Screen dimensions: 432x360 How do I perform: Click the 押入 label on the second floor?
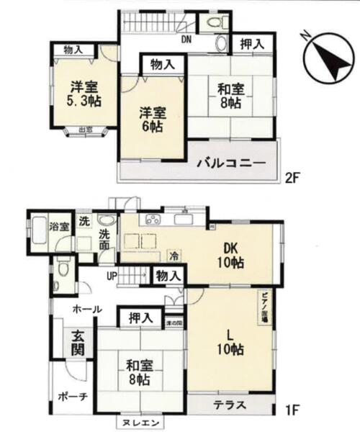pyautogui.click(x=250, y=45)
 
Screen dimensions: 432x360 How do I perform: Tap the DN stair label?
pyautogui.click(x=186, y=39)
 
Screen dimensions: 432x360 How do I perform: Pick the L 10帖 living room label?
pyautogui.click(x=230, y=343)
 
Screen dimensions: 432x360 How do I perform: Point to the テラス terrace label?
pyautogui.click(x=230, y=405)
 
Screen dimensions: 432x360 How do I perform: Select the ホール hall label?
pyautogui.click(x=86, y=310)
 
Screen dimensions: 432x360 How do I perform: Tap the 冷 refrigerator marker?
pyautogui.click(x=174, y=255)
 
